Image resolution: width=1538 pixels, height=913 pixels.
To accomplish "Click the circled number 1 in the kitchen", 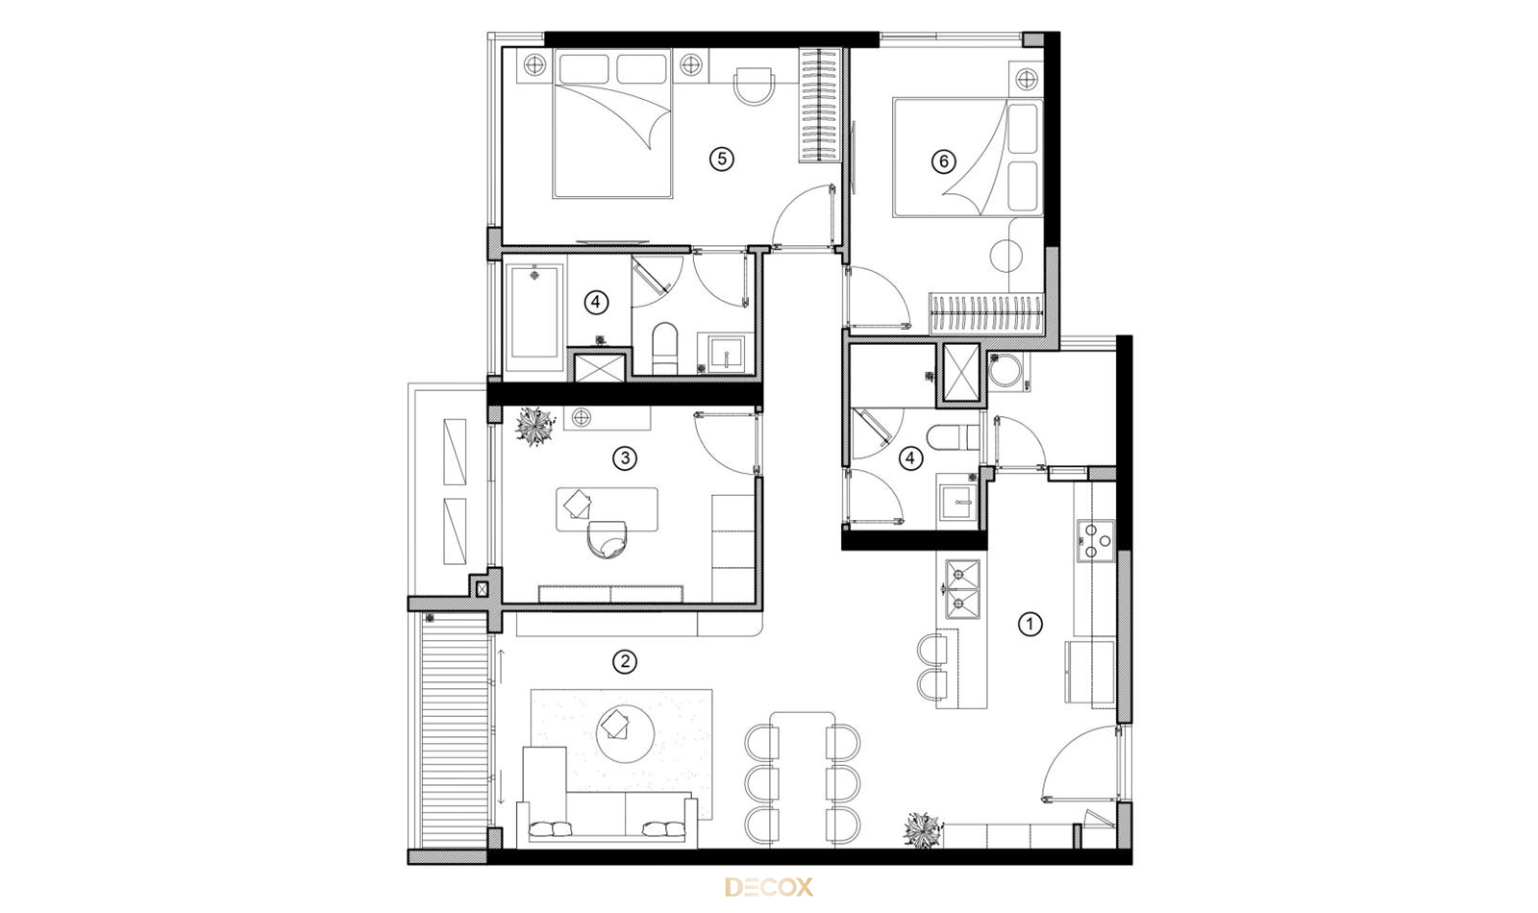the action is tap(1029, 624).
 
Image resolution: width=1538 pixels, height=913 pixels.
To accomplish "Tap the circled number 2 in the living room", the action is tap(624, 662).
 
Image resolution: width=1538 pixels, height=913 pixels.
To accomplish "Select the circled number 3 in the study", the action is tap(624, 457).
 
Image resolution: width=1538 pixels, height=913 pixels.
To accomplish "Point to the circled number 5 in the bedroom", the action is tap(721, 160).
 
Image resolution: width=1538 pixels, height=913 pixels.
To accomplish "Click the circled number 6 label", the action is tap(943, 161).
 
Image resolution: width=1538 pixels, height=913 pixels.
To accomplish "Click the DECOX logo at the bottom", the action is tap(769, 888).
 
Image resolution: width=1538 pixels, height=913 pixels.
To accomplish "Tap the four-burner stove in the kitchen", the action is tap(1095, 540).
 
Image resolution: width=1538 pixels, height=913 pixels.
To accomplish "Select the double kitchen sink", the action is tap(962, 588).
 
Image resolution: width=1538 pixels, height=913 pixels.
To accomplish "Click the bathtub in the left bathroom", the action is tap(534, 311).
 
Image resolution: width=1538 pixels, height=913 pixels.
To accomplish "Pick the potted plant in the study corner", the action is tap(534, 427).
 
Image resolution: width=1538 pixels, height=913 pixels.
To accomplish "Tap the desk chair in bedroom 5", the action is tap(754, 86).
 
